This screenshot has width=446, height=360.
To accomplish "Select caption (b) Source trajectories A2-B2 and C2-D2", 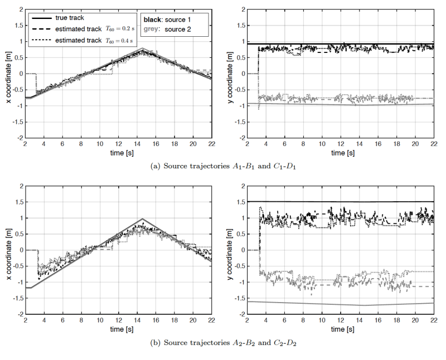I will tap(223, 342).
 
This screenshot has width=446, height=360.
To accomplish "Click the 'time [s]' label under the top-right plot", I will tap(340, 152).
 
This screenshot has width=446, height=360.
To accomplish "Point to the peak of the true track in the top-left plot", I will tap(143, 49).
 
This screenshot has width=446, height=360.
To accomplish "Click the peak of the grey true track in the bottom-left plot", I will tap(142, 219).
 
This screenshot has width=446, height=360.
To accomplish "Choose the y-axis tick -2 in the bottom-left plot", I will tap(19, 314).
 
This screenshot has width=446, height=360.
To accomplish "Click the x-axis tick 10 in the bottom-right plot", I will tap(321, 320).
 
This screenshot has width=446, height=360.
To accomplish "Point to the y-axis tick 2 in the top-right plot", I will tap(241, 9).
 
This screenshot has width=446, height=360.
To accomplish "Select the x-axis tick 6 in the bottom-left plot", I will tap(62, 320).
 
